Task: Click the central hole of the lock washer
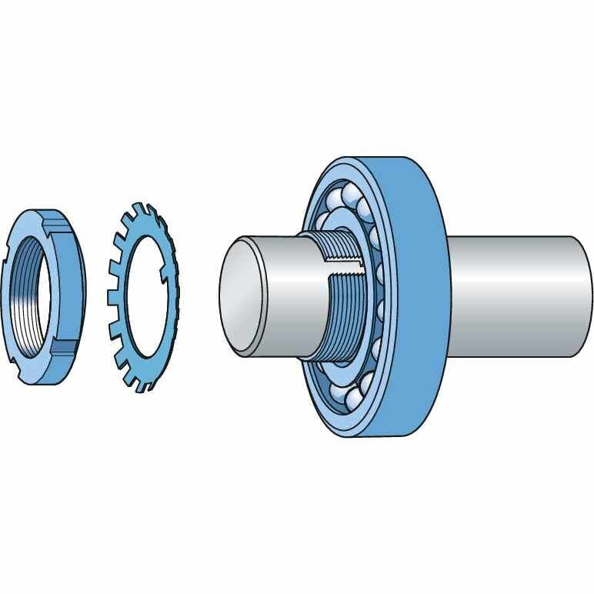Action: click(143, 296)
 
